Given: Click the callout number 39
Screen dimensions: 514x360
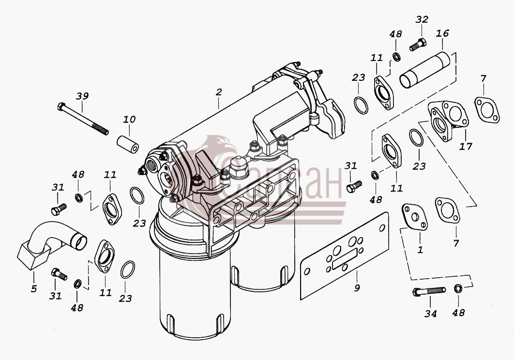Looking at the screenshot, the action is [82, 96].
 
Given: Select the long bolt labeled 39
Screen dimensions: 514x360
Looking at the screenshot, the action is [83, 119].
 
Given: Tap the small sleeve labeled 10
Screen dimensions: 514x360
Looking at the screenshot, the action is [128, 145].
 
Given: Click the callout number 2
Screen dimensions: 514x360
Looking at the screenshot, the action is [219, 92].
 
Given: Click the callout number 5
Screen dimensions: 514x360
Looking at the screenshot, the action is [34, 289].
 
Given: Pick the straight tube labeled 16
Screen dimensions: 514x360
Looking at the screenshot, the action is [425, 70].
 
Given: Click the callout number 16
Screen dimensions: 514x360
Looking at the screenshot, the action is [442, 33].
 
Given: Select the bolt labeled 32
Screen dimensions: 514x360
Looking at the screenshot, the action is [418, 45].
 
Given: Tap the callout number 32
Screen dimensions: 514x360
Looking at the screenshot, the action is [422, 19].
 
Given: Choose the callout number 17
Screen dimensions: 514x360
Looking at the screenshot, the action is [466, 146].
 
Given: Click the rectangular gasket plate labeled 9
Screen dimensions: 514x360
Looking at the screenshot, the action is [345, 256].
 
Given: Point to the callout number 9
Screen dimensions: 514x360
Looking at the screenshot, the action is [357, 288].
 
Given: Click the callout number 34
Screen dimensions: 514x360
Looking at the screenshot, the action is [430, 314].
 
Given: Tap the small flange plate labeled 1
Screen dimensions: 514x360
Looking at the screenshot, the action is [415, 217].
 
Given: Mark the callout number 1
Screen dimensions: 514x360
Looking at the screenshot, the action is [420, 250].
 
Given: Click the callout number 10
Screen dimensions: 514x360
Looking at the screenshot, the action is [129, 120].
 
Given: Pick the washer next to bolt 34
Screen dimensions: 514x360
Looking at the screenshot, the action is [458, 289].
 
